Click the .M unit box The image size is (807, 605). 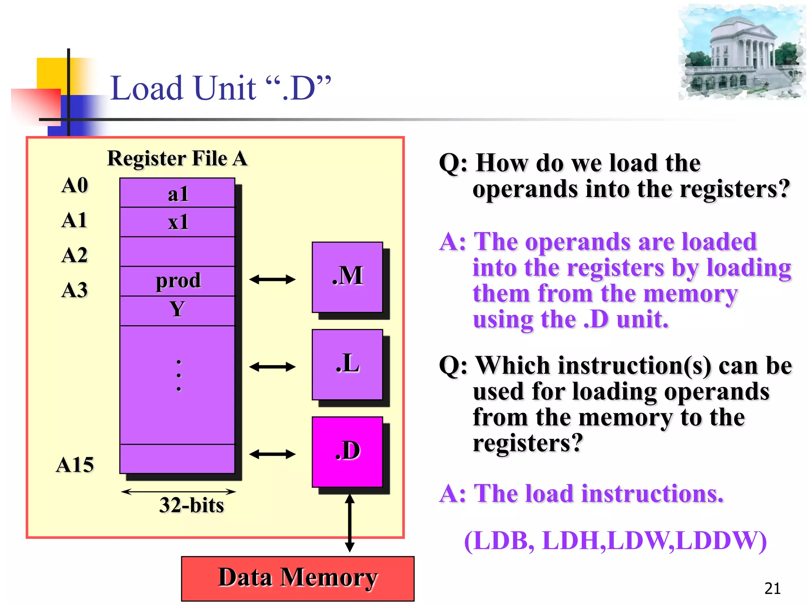click(347, 277)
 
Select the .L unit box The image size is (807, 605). click(347, 364)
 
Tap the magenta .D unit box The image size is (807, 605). click(347, 452)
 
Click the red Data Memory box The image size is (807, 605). click(298, 578)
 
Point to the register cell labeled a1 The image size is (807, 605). click(177, 193)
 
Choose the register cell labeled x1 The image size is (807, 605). click(177, 222)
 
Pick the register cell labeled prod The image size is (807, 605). click(177, 281)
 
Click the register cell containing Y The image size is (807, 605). click(177, 310)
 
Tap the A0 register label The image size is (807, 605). click(74, 185)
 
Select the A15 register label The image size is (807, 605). click(75, 465)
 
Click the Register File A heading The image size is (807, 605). click(177, 159)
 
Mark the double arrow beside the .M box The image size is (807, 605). click(272, 280)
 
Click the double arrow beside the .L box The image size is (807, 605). click(272, 367)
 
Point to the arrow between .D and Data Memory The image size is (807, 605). click(350, 523)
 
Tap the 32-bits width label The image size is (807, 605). click(192, 505)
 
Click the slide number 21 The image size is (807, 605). click(772, 588)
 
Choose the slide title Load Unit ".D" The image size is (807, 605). click(221, 88)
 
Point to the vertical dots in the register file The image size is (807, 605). click(179, 375)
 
